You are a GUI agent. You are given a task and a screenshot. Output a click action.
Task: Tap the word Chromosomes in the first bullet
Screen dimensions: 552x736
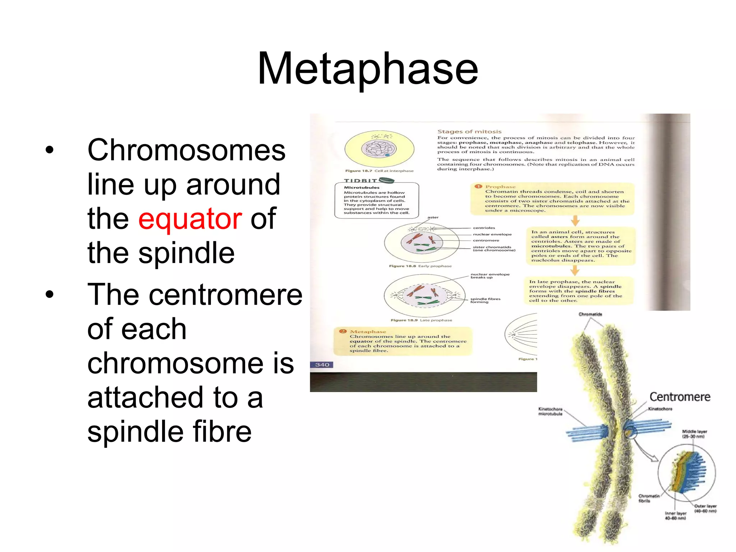[187, 150]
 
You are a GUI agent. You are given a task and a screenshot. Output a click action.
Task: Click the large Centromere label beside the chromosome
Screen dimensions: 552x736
[680, 397]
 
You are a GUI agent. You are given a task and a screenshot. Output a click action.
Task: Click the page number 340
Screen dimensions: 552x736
[322, 365]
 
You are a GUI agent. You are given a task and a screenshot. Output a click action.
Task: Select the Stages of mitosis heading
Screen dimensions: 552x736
[469, 132]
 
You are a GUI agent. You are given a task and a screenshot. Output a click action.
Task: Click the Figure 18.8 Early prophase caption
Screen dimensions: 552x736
[420, 266]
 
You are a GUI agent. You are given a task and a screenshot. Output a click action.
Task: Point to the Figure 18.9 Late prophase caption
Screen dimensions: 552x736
[421, 320]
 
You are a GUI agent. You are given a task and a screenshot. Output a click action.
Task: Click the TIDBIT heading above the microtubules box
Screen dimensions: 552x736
[360, 180]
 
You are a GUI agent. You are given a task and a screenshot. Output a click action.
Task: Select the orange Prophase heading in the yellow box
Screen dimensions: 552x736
[500, 187]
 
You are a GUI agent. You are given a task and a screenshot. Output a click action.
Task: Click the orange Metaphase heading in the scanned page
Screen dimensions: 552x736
[368, 331]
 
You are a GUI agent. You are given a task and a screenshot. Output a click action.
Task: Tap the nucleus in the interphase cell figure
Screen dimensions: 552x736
[378, 148]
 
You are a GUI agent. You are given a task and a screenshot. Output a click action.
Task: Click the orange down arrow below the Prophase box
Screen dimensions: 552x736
[575, 220]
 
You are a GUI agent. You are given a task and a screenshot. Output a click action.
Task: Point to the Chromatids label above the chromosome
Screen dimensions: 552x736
[590, 314]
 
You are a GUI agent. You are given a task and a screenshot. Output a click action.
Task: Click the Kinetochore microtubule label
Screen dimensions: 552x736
[550, 411]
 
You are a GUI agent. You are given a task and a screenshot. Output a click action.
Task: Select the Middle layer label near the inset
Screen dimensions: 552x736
[694, 434]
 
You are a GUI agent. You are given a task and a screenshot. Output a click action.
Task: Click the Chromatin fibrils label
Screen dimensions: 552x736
[649, 498]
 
